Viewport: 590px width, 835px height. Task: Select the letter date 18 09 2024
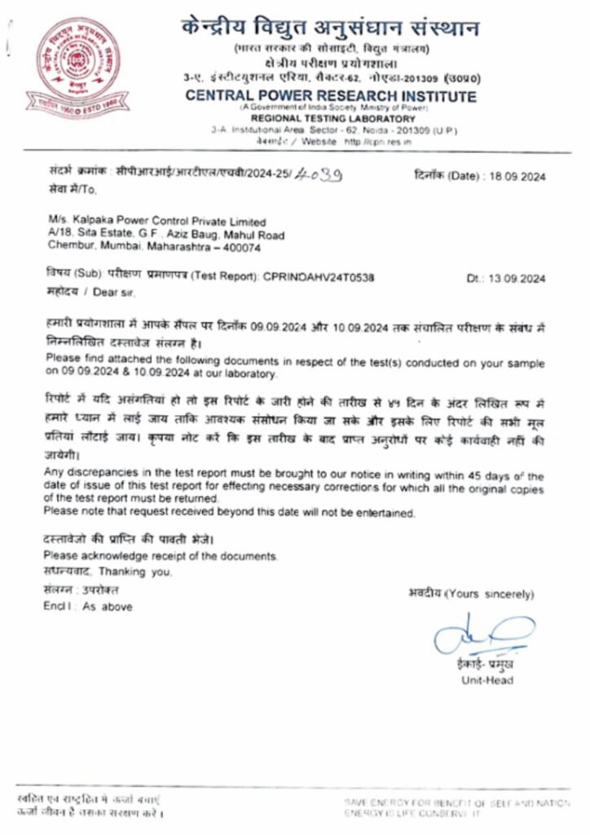515,177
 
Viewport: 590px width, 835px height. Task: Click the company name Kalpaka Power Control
157,222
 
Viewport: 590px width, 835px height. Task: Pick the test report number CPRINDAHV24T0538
319,278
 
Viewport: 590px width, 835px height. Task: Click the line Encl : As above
87,607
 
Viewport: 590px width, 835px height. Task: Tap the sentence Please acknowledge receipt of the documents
161,556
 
